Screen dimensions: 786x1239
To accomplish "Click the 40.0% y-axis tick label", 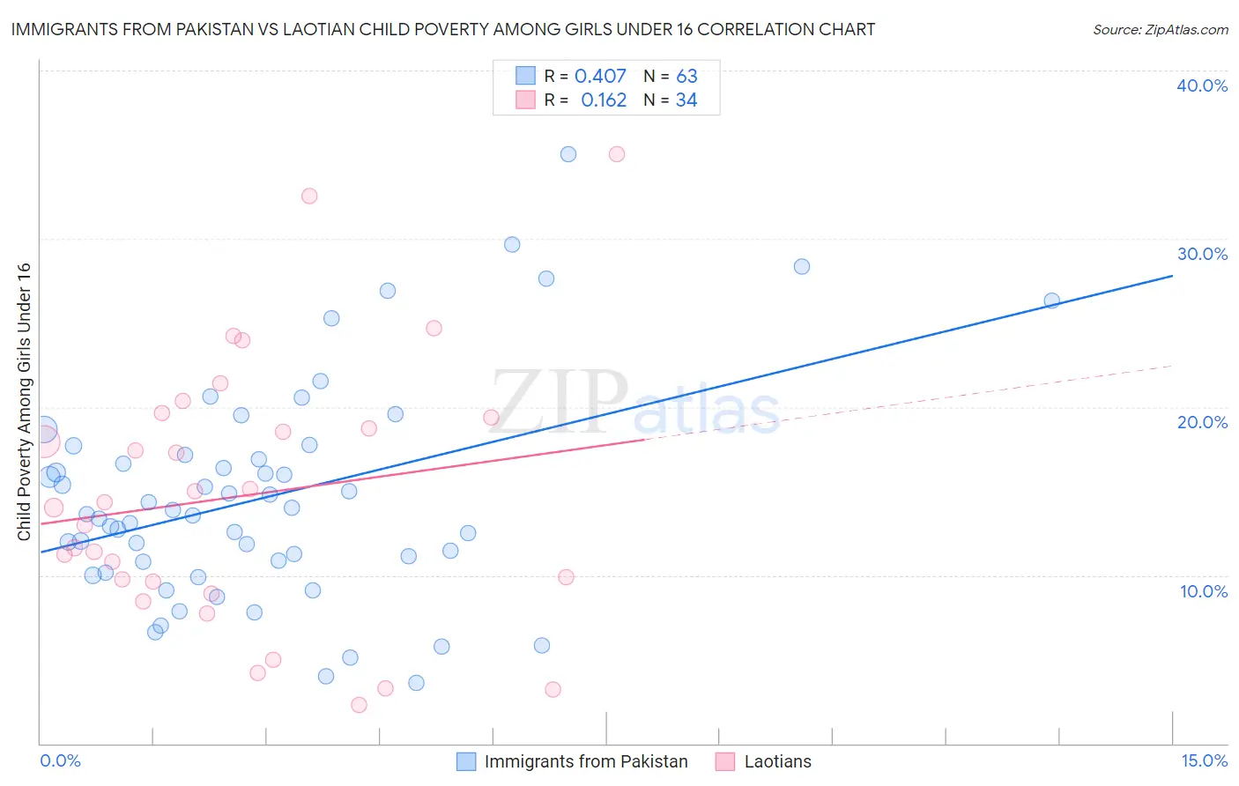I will tap(1202, 85).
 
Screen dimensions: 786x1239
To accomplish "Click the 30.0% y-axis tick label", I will tap(1202, 254).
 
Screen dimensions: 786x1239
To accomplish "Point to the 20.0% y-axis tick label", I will tap(1202, 422).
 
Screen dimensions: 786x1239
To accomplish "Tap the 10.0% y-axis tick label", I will tap(1204, 591).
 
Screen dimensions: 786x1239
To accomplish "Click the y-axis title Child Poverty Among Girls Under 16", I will tap(24, 402).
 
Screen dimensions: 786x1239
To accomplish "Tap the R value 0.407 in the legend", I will tap(600, 77).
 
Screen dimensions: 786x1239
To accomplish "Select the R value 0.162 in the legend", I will tap(604, 100).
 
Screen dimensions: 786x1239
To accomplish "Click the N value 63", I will tap(686, 77).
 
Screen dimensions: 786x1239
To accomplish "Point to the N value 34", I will tap(686, 100).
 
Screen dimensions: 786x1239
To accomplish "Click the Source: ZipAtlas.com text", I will tap(1160, 30).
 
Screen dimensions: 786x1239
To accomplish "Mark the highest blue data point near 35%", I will tap(568, 154).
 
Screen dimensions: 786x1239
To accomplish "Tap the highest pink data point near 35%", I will tap(617, 154).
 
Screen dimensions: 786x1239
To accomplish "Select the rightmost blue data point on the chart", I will tap(1051, 300).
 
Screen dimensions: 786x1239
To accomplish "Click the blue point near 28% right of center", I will tap(802, 266).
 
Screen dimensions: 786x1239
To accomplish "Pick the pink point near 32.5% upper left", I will tap(309, 196).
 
